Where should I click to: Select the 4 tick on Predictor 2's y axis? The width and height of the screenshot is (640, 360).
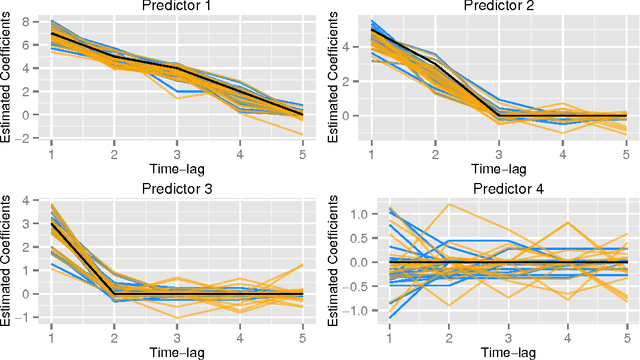point(348,46)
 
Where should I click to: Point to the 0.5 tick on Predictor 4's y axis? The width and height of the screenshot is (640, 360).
point(343,237)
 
